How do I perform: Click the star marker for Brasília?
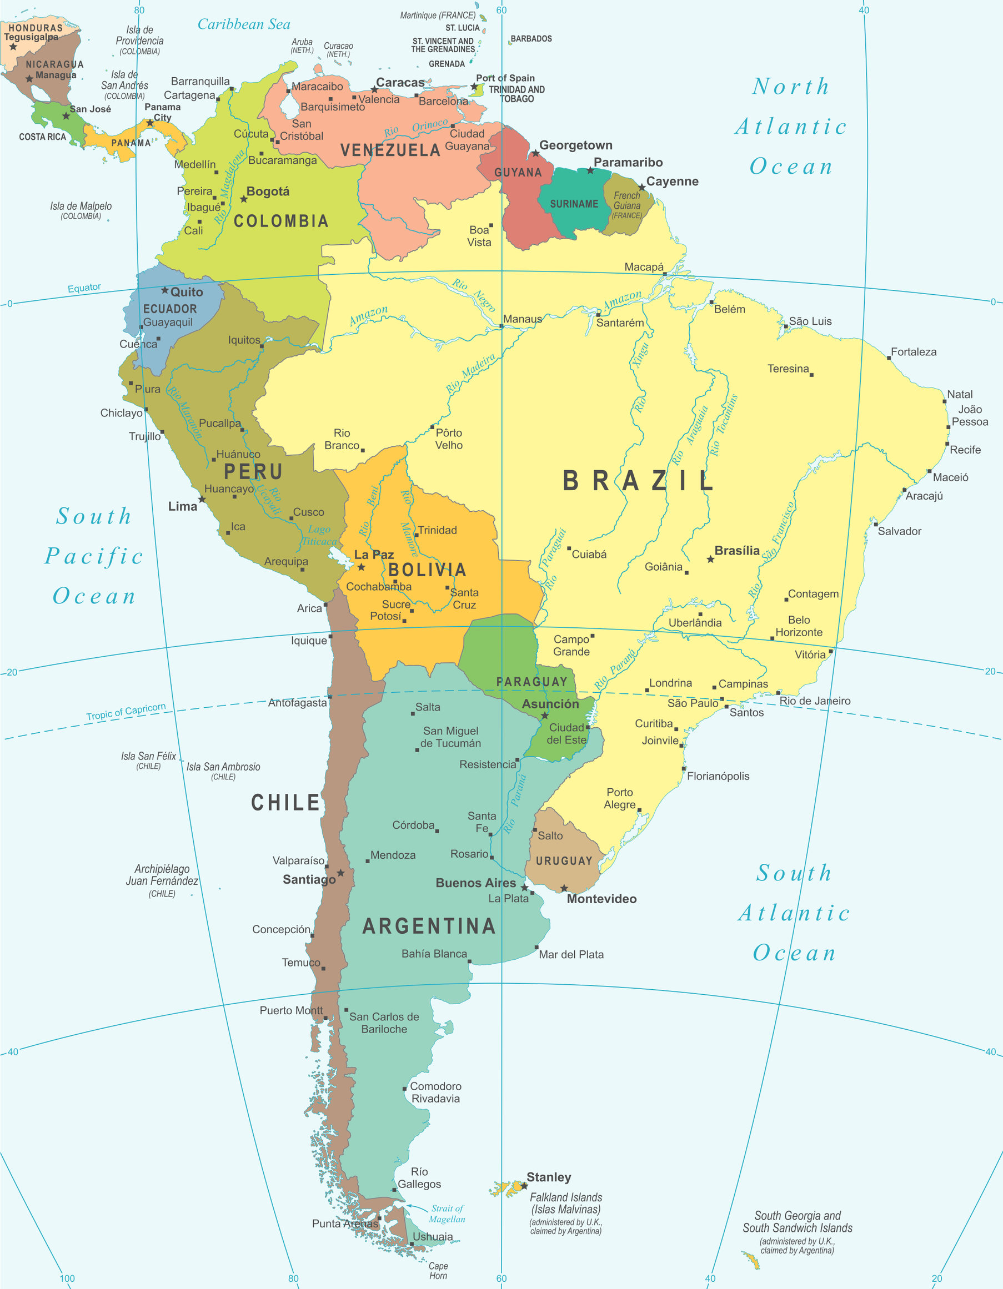click(711, 559)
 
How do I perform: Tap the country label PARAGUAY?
click(531, 682)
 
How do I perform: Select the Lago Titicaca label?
click(319, 535)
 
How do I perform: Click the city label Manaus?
click(522, 319)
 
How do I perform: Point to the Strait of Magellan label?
click(447, 1214)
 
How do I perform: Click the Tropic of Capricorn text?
click(126, 712)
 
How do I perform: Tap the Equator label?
click(84, 288)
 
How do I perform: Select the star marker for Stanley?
click(524, 1185)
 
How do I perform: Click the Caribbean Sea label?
click(243, 24)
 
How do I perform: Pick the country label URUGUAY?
click(564, 861)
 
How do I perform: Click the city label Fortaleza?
click(913, 352)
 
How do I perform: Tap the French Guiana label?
click(626, 205)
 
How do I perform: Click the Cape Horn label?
click(438, 1271)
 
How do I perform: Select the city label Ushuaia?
click(433, 1236)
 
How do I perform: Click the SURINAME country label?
click(574, 204)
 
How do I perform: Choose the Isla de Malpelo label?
click(81, 210)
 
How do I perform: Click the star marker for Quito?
click(165, 290)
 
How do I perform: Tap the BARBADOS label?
click(531, 39)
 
